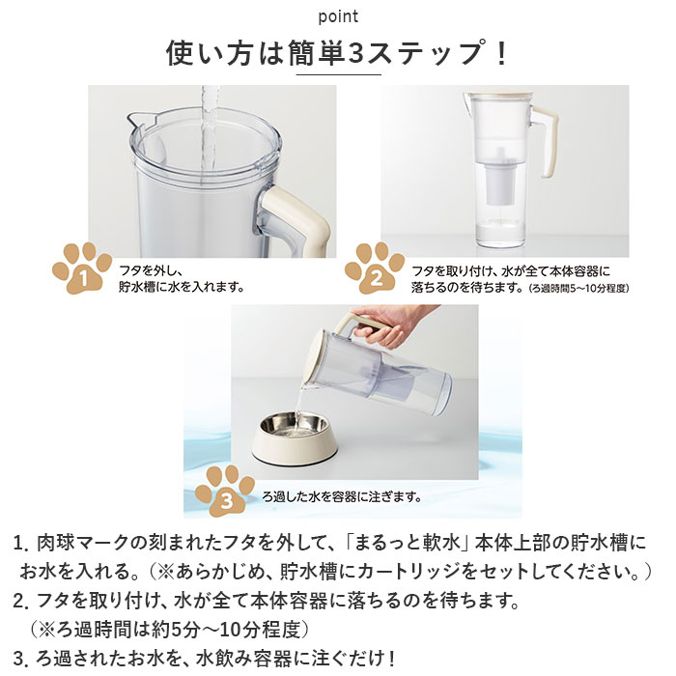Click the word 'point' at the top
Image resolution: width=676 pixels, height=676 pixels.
[x=337, y=16]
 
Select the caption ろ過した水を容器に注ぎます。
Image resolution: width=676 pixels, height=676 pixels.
[x=343, y=497]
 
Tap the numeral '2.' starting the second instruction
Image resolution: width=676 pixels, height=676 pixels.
[x=21, y=602]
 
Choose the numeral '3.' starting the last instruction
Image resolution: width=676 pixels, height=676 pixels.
[x=21, y=659]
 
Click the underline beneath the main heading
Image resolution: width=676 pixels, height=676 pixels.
[x=337, y=75]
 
